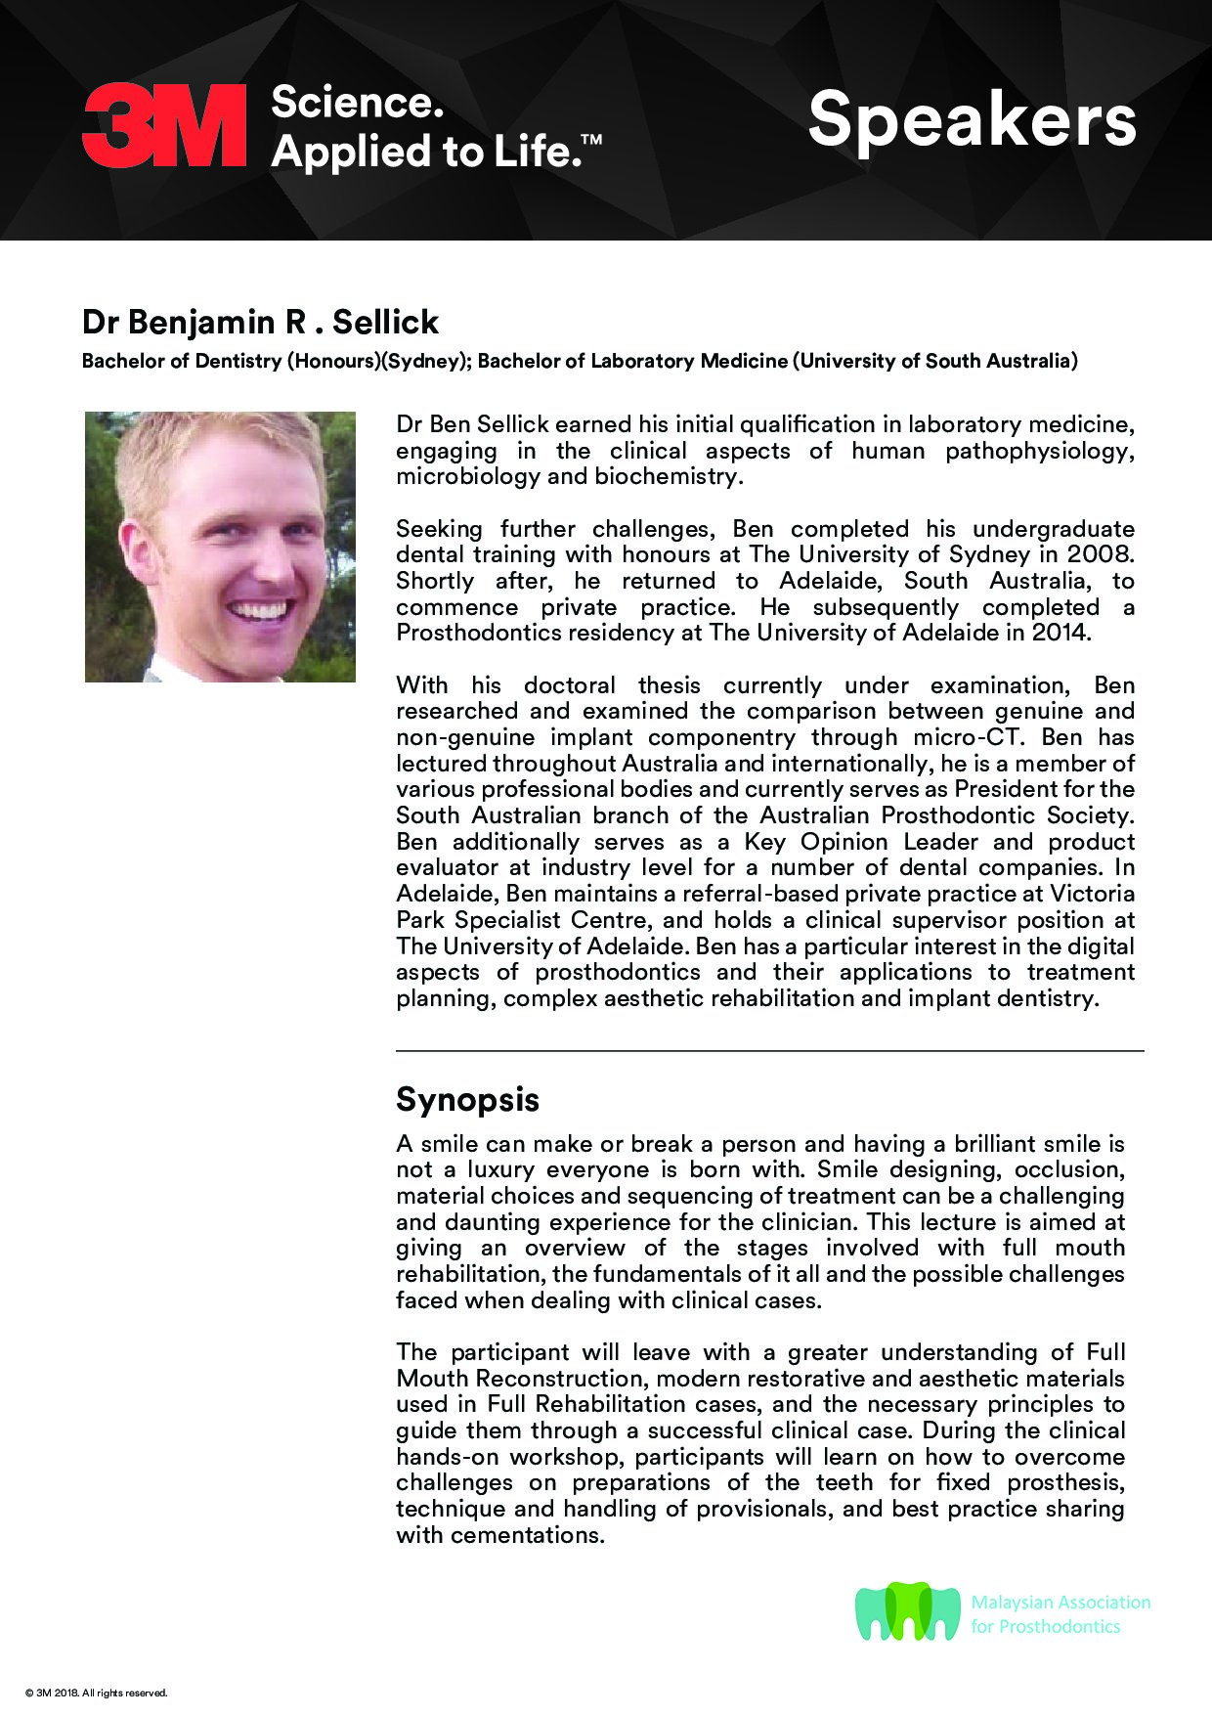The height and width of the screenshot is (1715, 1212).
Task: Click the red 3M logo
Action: click(x=164, y=125)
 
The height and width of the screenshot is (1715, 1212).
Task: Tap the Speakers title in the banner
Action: click(x=972, y=120)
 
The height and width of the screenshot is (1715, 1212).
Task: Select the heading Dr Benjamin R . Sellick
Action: click(x=260, y=322)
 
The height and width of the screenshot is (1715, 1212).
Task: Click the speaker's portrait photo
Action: click(x=220, y=547)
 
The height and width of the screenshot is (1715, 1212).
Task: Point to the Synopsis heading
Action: click(x=467, y=1099)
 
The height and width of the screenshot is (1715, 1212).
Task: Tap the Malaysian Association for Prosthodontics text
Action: click(x=1060, y=1614)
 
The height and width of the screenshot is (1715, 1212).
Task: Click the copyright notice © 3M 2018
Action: click(x=97, y=1693)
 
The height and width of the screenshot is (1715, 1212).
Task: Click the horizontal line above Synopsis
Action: click(x=769, y=1051)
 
